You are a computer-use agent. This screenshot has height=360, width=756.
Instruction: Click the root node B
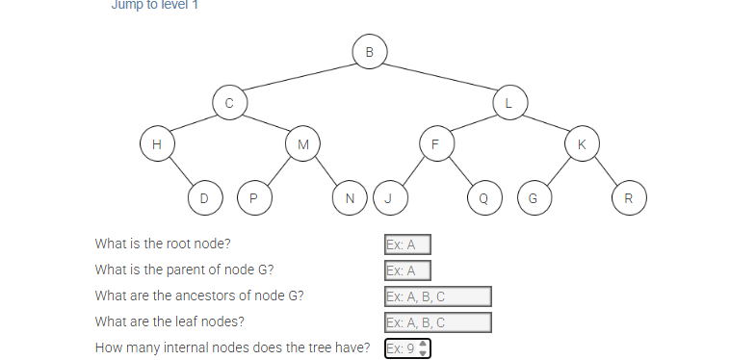coord(370,51)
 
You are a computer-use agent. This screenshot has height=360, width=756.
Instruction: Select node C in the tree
coord(229,101)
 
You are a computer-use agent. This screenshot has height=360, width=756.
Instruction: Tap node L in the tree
coord(509,101)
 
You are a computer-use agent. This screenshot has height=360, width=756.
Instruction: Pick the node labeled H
coord(156,144)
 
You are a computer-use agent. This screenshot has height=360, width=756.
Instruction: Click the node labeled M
coord(302,144)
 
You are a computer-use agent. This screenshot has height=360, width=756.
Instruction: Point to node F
coord(435,144)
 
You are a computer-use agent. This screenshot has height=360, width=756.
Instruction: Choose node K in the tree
coord(581,144)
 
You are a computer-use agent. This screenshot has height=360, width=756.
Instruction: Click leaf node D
coord(203,198)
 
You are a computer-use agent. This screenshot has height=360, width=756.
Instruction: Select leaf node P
coord(253,198)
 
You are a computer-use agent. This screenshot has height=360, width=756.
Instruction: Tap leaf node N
coord(349,198)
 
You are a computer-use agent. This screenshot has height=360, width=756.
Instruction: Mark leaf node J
coord(388,198)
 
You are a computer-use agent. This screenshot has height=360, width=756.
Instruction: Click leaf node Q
coord(483,198)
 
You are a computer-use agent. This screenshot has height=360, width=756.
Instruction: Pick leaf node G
coord(534,198)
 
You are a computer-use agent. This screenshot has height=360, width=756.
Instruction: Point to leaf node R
coord(629,198)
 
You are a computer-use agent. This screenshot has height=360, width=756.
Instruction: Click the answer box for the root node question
coord(406,244)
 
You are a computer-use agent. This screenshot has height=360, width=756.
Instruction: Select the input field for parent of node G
coord(406,270)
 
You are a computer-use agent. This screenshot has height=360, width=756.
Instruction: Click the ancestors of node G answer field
coord(437,296)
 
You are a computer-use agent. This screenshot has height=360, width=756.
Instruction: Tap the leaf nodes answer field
coord(437,322)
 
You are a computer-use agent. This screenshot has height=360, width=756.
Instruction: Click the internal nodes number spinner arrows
coord(422,348)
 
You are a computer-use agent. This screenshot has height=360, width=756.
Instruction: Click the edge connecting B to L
coord(440,76)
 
